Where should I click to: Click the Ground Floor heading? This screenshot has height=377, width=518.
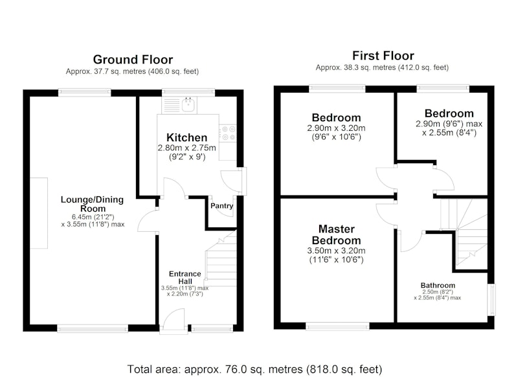(x=133, y=60)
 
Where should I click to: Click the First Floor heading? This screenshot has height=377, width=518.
(x=383, y=56)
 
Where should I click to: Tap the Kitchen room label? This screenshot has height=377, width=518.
(x=186, y=137)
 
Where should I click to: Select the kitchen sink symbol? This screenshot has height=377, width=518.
(x=188, y=104)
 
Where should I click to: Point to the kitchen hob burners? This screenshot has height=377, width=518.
(x=228, y=133)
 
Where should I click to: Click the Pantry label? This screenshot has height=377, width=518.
(x=221, y=206)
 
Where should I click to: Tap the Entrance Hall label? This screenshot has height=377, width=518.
(x=185, y=277)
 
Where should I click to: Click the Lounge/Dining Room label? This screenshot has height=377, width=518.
(x=92, y=204)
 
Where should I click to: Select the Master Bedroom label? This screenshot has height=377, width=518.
(x=336, y=234)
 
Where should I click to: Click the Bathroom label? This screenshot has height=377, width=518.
(x=438, y=285)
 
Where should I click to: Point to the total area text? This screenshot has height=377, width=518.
(x=254, y=369)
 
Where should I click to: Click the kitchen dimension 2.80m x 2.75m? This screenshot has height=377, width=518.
(x=186, y=148)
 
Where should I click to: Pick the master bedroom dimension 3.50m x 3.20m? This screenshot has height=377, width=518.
(x=336, y=251)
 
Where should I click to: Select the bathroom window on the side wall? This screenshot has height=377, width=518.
(x=492, y=299)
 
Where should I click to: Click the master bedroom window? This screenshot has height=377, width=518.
(x=337, y=326)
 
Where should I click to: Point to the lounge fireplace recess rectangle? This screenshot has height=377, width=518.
(x=39, y=213)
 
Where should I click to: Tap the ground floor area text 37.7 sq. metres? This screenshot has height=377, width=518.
(x=132, y=71)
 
